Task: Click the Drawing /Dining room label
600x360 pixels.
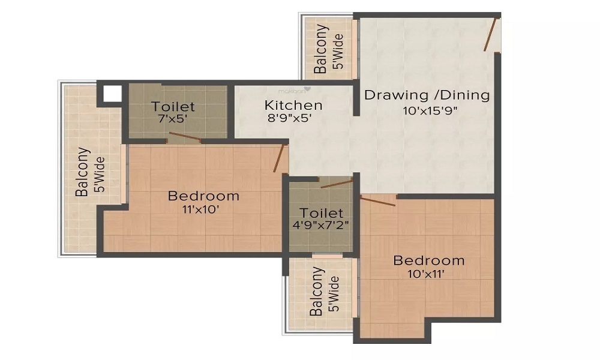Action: pyautogui.click(x=427, y=95)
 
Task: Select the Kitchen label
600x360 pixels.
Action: pyautogui.click(x=293, y=105)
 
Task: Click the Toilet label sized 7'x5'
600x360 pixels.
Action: pyautogui.click(x=173, y=107)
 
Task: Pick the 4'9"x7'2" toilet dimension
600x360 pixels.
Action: pyautogui.click(x=321, y=226)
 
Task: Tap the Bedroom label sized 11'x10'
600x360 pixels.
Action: pyautogui.click(x=203, y=196)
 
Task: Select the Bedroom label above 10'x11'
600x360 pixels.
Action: pyautogui.click(x=428, y=260)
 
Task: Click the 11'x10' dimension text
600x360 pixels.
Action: pyautogui.click(x=201, y=209)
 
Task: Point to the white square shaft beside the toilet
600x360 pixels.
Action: pyautogui.click(x=112, y=94)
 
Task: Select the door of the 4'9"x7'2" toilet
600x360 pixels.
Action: pyautogui.click(x=337, y=184)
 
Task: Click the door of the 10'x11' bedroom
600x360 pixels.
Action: pyautogui.click(x=378, y=201)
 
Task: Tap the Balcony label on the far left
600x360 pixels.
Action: pyautogui.click(x=83, y=172)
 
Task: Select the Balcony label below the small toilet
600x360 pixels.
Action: pyautogui.click(x=317, y=292)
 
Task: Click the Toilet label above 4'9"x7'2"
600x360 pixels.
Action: pyautogui.click(x=322, y=213)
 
